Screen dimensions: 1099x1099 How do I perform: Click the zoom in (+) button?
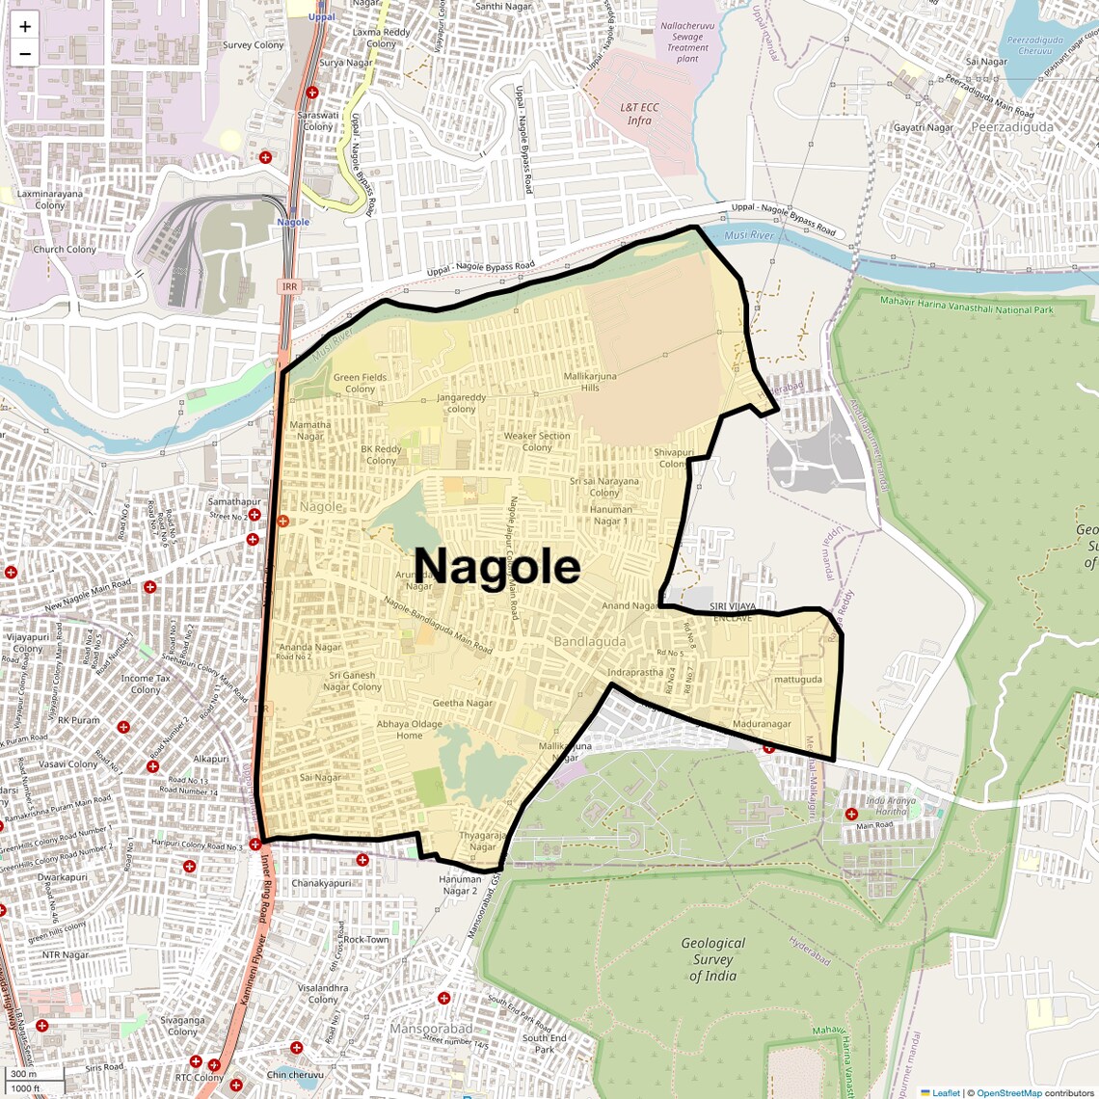(x=25, y=27)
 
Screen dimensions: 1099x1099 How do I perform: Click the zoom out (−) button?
(x=25, y=54)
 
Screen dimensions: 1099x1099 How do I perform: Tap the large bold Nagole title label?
(x=496, y=566)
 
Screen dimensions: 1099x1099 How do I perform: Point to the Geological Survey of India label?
(x=712, y=959)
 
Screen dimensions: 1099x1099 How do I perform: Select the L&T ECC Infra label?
(x=639, y=114)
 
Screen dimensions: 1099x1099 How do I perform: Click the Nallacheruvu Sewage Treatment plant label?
(x=686, y=42)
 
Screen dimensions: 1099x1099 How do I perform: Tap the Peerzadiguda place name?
(x=1012, y=127)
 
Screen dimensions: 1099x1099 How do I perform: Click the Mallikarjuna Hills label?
(x=590, y=382)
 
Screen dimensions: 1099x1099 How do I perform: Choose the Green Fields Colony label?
(x=360, y=383)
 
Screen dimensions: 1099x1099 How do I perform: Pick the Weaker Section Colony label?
(x=537, y=442)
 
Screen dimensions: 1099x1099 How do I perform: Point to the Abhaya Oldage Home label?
(x=410, y=730)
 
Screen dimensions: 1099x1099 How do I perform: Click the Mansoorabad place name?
(x=431, y=1029)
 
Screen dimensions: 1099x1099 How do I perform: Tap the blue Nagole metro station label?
(x=293, y=222)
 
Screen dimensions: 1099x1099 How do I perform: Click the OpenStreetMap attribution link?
(x=1009, y=1092)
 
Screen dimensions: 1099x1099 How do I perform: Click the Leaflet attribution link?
(x=946, y=1092)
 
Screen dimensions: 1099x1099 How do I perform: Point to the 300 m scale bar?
(x=25, y=1074)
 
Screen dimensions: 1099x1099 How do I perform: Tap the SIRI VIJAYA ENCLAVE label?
(x=733, y=611)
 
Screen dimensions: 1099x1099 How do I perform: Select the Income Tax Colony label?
(x=146, y=684)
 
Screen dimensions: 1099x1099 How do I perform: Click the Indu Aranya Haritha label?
(x=891, y=806)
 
